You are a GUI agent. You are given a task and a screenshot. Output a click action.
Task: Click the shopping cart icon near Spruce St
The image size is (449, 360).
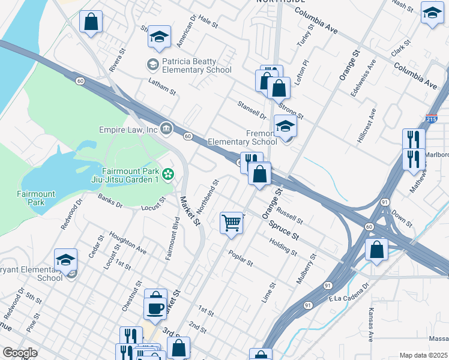pyautogui.click(x=231, y=223)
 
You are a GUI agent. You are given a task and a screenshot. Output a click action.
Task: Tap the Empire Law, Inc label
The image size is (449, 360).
pyautogui.click(x=128, y=129)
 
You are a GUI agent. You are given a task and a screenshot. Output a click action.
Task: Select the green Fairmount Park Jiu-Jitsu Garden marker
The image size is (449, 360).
pyautogui.click(x=168, y=174)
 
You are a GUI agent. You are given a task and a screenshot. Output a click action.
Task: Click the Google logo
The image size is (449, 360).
pyautogui.click(x=20, y=353)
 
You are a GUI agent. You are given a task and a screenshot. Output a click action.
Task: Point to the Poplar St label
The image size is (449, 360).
pyautogui.click(x=241, y=258)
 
